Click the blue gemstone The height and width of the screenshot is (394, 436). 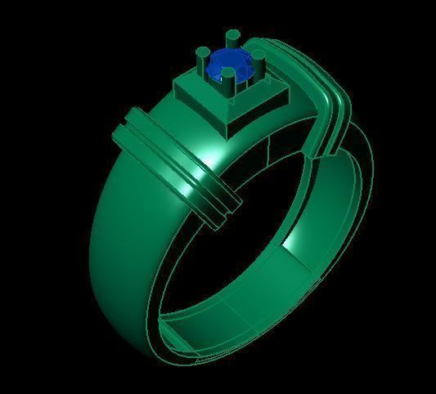(x=225, y=65)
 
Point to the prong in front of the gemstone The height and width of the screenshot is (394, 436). (x=228, y=80)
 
